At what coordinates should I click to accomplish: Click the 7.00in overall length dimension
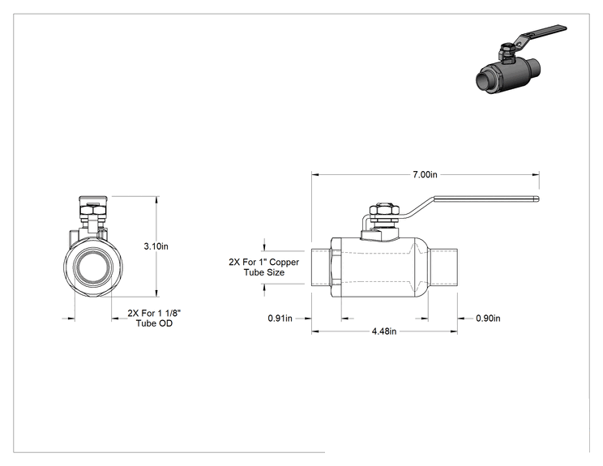click(425, 174)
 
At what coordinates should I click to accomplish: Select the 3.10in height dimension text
click(156, 246)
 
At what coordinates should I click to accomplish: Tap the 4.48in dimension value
click(384, 331)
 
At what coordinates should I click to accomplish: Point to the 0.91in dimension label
click(280, 319)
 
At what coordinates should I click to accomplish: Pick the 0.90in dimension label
click(488, 319)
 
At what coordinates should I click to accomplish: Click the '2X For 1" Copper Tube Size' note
click(264, 267)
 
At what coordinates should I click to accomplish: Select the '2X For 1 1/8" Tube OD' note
click(154, 318)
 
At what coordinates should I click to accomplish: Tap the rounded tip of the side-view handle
click(537, 199)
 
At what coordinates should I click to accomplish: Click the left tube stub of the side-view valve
click(321, 267)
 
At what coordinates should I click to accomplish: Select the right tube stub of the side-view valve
click(443, 267)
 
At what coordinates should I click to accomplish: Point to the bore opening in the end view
click(93, 267)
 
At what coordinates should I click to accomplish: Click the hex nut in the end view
click(93, 211)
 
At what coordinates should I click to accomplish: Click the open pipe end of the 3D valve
click(484, 81)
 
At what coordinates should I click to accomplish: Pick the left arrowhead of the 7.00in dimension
click(315, 174)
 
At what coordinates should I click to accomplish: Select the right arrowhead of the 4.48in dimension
click(453, 331)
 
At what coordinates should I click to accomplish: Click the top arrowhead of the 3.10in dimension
click(156, 200)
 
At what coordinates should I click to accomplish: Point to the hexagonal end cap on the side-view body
click(336, 267)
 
